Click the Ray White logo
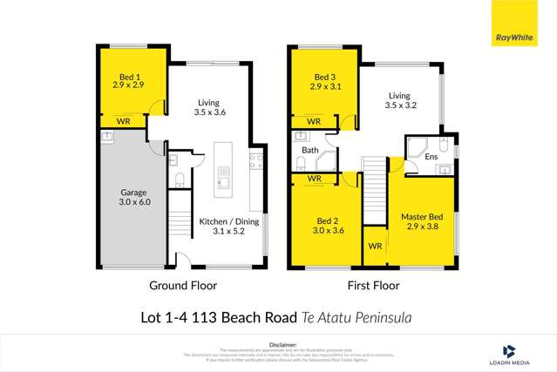515,37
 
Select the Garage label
134,192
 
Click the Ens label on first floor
431,156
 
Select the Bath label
310,150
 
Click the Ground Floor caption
183,285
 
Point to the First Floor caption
373,285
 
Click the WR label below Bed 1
124,121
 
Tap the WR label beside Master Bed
375,247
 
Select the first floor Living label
398,96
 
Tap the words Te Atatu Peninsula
357,318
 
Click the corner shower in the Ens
416,146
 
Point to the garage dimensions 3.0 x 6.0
134,201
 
